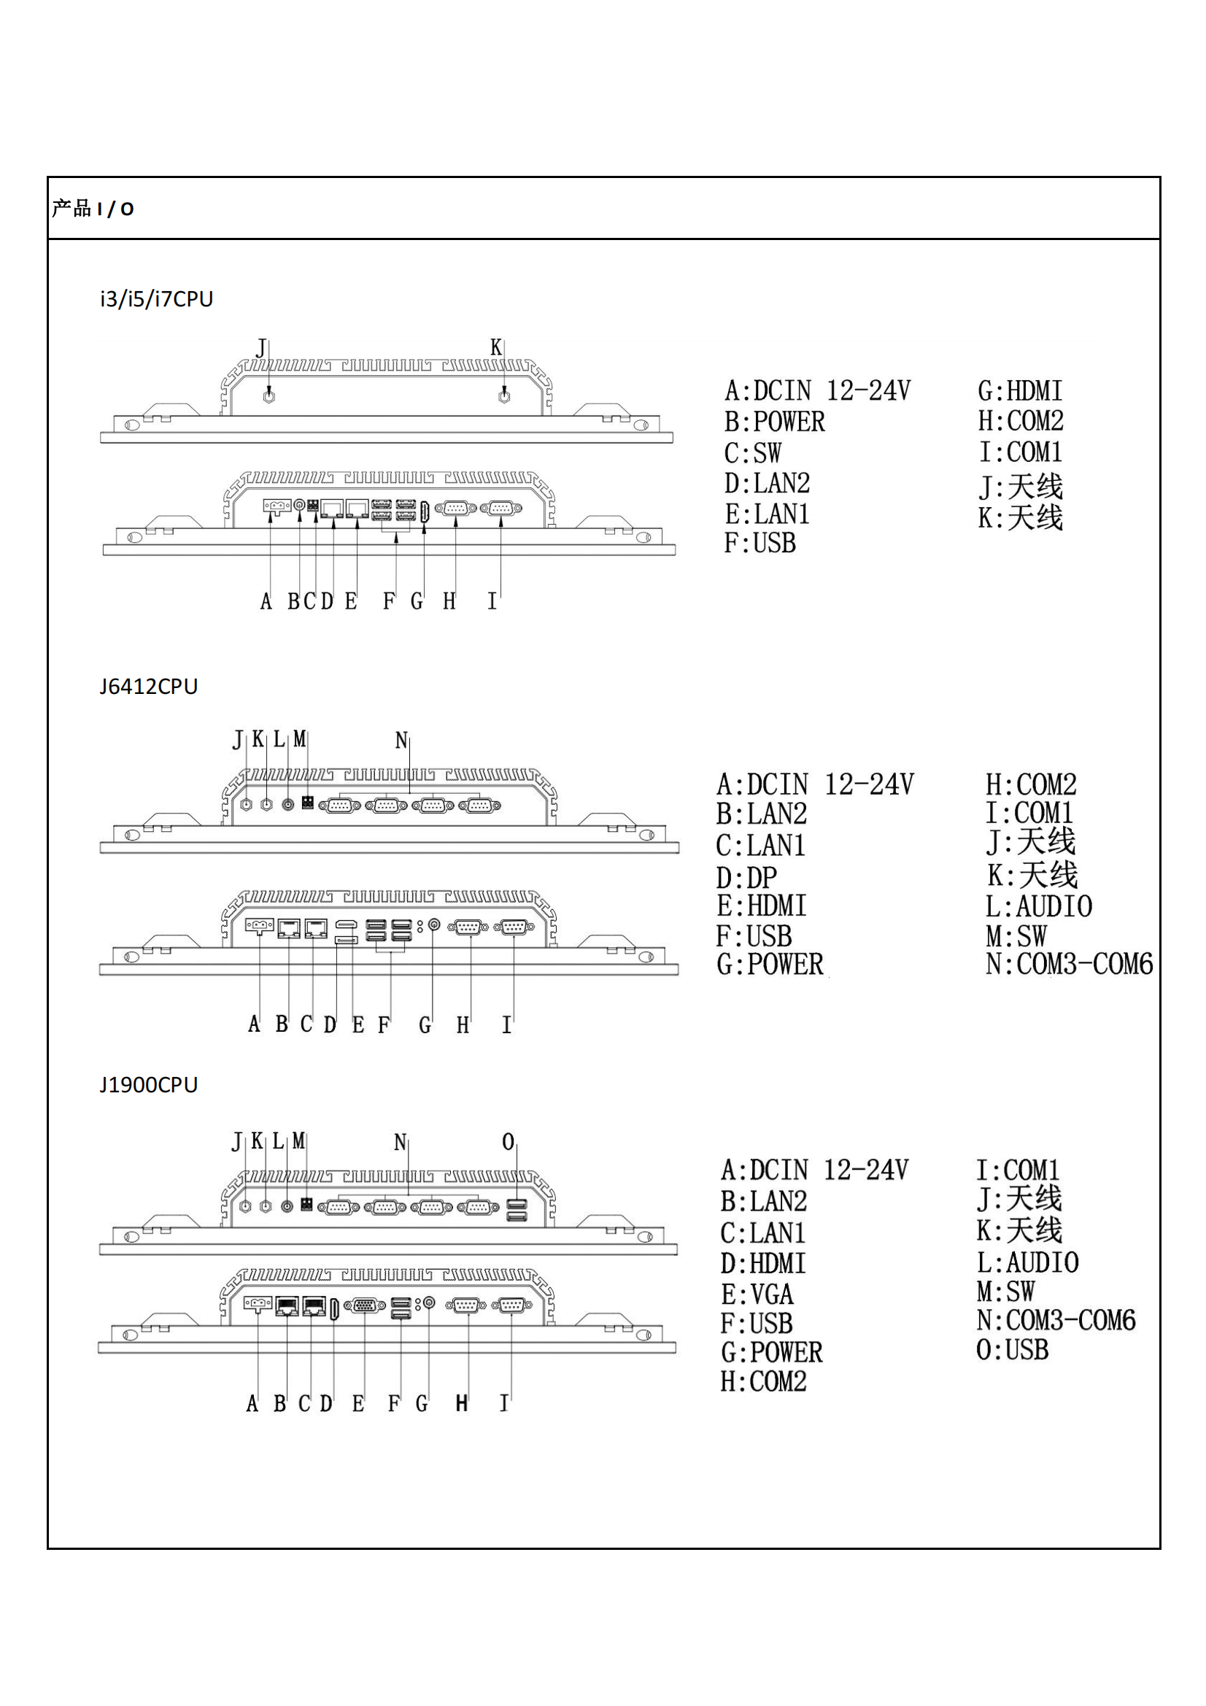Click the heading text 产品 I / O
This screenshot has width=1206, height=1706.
93,209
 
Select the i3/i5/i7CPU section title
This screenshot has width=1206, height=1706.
157,298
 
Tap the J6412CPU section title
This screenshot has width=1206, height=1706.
149,686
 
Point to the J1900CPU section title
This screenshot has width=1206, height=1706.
149,1085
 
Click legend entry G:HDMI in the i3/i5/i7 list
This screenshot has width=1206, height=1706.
1019,391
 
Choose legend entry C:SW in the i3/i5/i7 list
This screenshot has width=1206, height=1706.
753,452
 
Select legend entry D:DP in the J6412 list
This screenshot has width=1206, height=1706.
746,878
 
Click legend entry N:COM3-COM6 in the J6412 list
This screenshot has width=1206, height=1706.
1069,965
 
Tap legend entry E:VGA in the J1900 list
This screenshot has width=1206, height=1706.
757,1294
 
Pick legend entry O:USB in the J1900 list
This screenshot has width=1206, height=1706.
1012,1350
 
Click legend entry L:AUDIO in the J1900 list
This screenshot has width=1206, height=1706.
1027,1262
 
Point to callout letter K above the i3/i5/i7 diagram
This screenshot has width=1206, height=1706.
495,347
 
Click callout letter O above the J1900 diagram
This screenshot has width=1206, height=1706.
509,1141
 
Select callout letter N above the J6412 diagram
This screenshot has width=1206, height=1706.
401,740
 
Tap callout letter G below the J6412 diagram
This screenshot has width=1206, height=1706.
425,1025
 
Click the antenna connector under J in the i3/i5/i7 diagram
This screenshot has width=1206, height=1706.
269,396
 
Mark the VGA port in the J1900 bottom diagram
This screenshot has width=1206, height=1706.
365,1305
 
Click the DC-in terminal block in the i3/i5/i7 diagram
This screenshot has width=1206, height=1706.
277,506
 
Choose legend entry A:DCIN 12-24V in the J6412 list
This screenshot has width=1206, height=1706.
814,784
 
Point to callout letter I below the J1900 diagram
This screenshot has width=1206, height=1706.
504,1403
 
